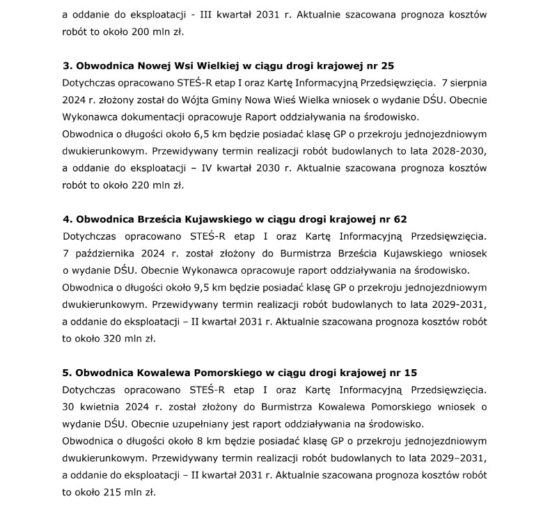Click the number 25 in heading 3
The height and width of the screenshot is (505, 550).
pos(388,66)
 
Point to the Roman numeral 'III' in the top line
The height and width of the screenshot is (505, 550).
pos(206,15)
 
